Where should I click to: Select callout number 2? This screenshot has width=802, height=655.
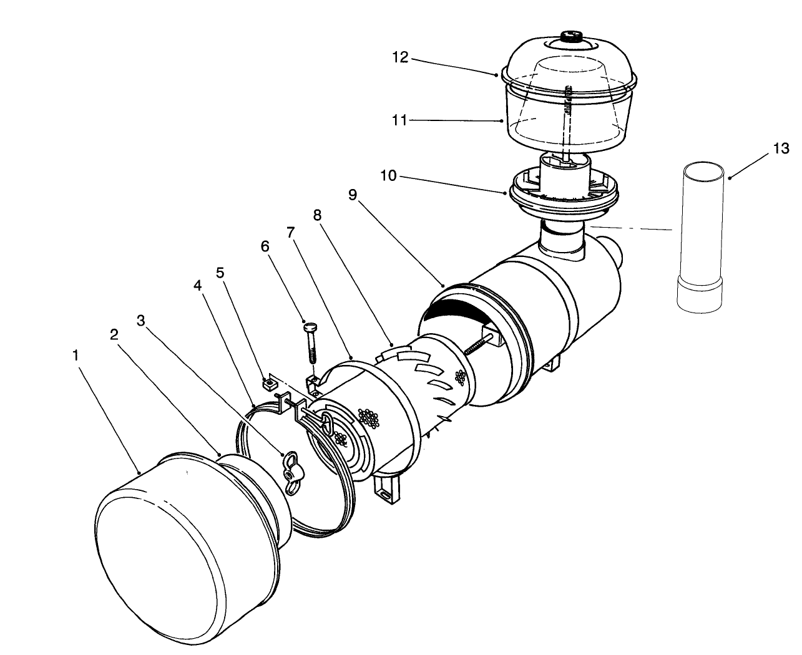point(114,334)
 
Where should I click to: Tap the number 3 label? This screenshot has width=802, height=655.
point(140,320)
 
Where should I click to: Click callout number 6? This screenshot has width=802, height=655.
point(265,246)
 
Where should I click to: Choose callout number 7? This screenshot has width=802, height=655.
point(290,232)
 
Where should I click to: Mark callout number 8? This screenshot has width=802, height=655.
point(317,215)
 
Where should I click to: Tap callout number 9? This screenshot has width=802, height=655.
point(353,195)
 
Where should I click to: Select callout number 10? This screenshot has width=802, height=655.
point(388,176)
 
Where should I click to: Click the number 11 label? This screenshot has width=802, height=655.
point(399,120)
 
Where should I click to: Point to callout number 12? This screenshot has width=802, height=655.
point(400,57)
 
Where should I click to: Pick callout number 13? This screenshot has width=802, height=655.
point(780,148)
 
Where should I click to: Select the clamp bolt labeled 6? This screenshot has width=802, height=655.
point(311,343)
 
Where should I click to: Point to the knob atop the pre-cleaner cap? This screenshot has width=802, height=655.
point(571,37)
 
